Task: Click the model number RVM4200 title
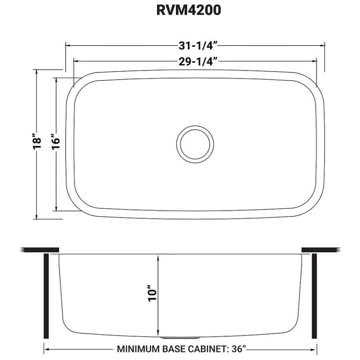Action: coord(188,11)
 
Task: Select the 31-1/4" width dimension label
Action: coord(195,46)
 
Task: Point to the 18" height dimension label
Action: coord(37,142)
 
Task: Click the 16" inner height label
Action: coord(56,142)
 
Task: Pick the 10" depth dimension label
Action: coord(152,294)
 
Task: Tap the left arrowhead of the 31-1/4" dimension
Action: coord(68,46)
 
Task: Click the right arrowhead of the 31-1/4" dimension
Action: coord(322,46)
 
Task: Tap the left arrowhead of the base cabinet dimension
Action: coord(46,349)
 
